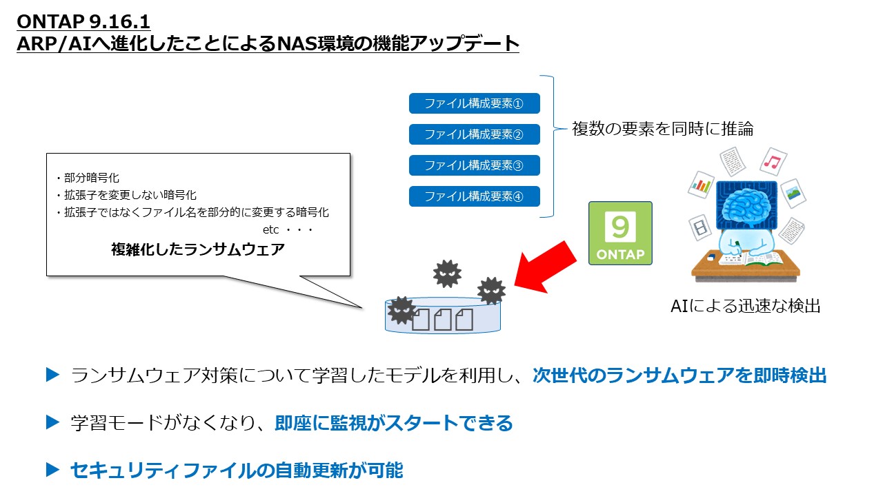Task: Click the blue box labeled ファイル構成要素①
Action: pos(474,103)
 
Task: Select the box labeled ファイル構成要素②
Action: pos(474,134)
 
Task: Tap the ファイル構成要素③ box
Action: pos(474,165)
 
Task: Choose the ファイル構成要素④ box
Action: pos(474,196)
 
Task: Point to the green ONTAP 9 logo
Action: pos(619,233)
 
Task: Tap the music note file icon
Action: pos(773,163)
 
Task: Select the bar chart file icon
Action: pos(701,185)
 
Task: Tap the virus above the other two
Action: pos(447,273)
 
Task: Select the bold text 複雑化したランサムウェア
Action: pos(198,249)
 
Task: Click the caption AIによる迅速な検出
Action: pos(745,307)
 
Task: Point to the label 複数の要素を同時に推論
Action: pos(662,128)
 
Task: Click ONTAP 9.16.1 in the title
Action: pos(83,22)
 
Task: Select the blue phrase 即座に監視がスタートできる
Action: pos(394,423)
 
